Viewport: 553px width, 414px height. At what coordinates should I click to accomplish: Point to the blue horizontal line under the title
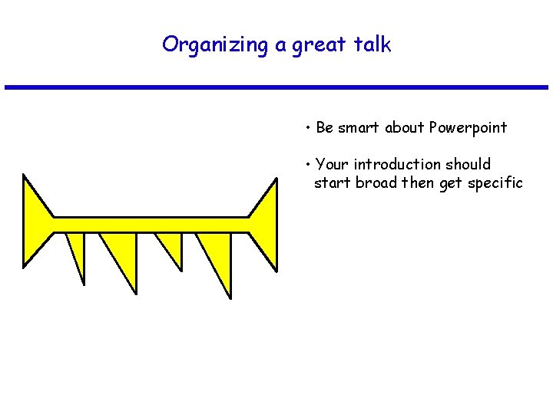pos(276,87)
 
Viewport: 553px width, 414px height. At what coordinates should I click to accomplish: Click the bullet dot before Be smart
pos(306,127)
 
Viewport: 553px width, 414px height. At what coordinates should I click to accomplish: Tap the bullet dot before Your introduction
pos(306,164)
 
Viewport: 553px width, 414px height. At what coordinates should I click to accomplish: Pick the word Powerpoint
pos(468,127)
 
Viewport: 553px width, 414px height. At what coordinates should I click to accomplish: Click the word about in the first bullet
pos(404,127)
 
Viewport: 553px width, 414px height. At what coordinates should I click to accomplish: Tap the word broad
pos(376,183)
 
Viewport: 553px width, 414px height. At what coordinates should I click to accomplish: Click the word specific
pos(494,183)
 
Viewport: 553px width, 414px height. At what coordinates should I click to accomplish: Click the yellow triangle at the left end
pos(35,223)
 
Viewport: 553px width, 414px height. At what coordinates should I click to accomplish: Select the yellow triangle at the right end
pos(266,223)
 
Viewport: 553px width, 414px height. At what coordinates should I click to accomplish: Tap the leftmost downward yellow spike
pos(77,250)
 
